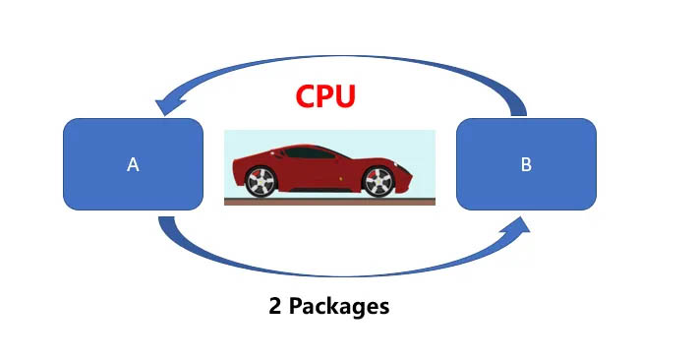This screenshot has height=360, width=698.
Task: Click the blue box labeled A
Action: [133, 164]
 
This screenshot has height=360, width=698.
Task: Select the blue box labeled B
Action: [526, 164]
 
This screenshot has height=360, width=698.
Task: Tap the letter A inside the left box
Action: [133, 165]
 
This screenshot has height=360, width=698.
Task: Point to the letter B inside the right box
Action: [526, 165]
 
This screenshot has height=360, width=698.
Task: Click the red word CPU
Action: [325, 97]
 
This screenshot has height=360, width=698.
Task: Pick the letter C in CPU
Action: [307, 97]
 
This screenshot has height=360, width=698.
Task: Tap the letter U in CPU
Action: [345, 97]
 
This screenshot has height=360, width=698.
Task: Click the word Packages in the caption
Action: [339, 307]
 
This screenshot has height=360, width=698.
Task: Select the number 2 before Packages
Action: [275, 306]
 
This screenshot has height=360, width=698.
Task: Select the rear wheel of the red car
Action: [260, 182]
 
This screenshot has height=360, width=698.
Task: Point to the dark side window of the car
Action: [315, 154]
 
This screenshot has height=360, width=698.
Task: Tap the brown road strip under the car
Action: [329, 202]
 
